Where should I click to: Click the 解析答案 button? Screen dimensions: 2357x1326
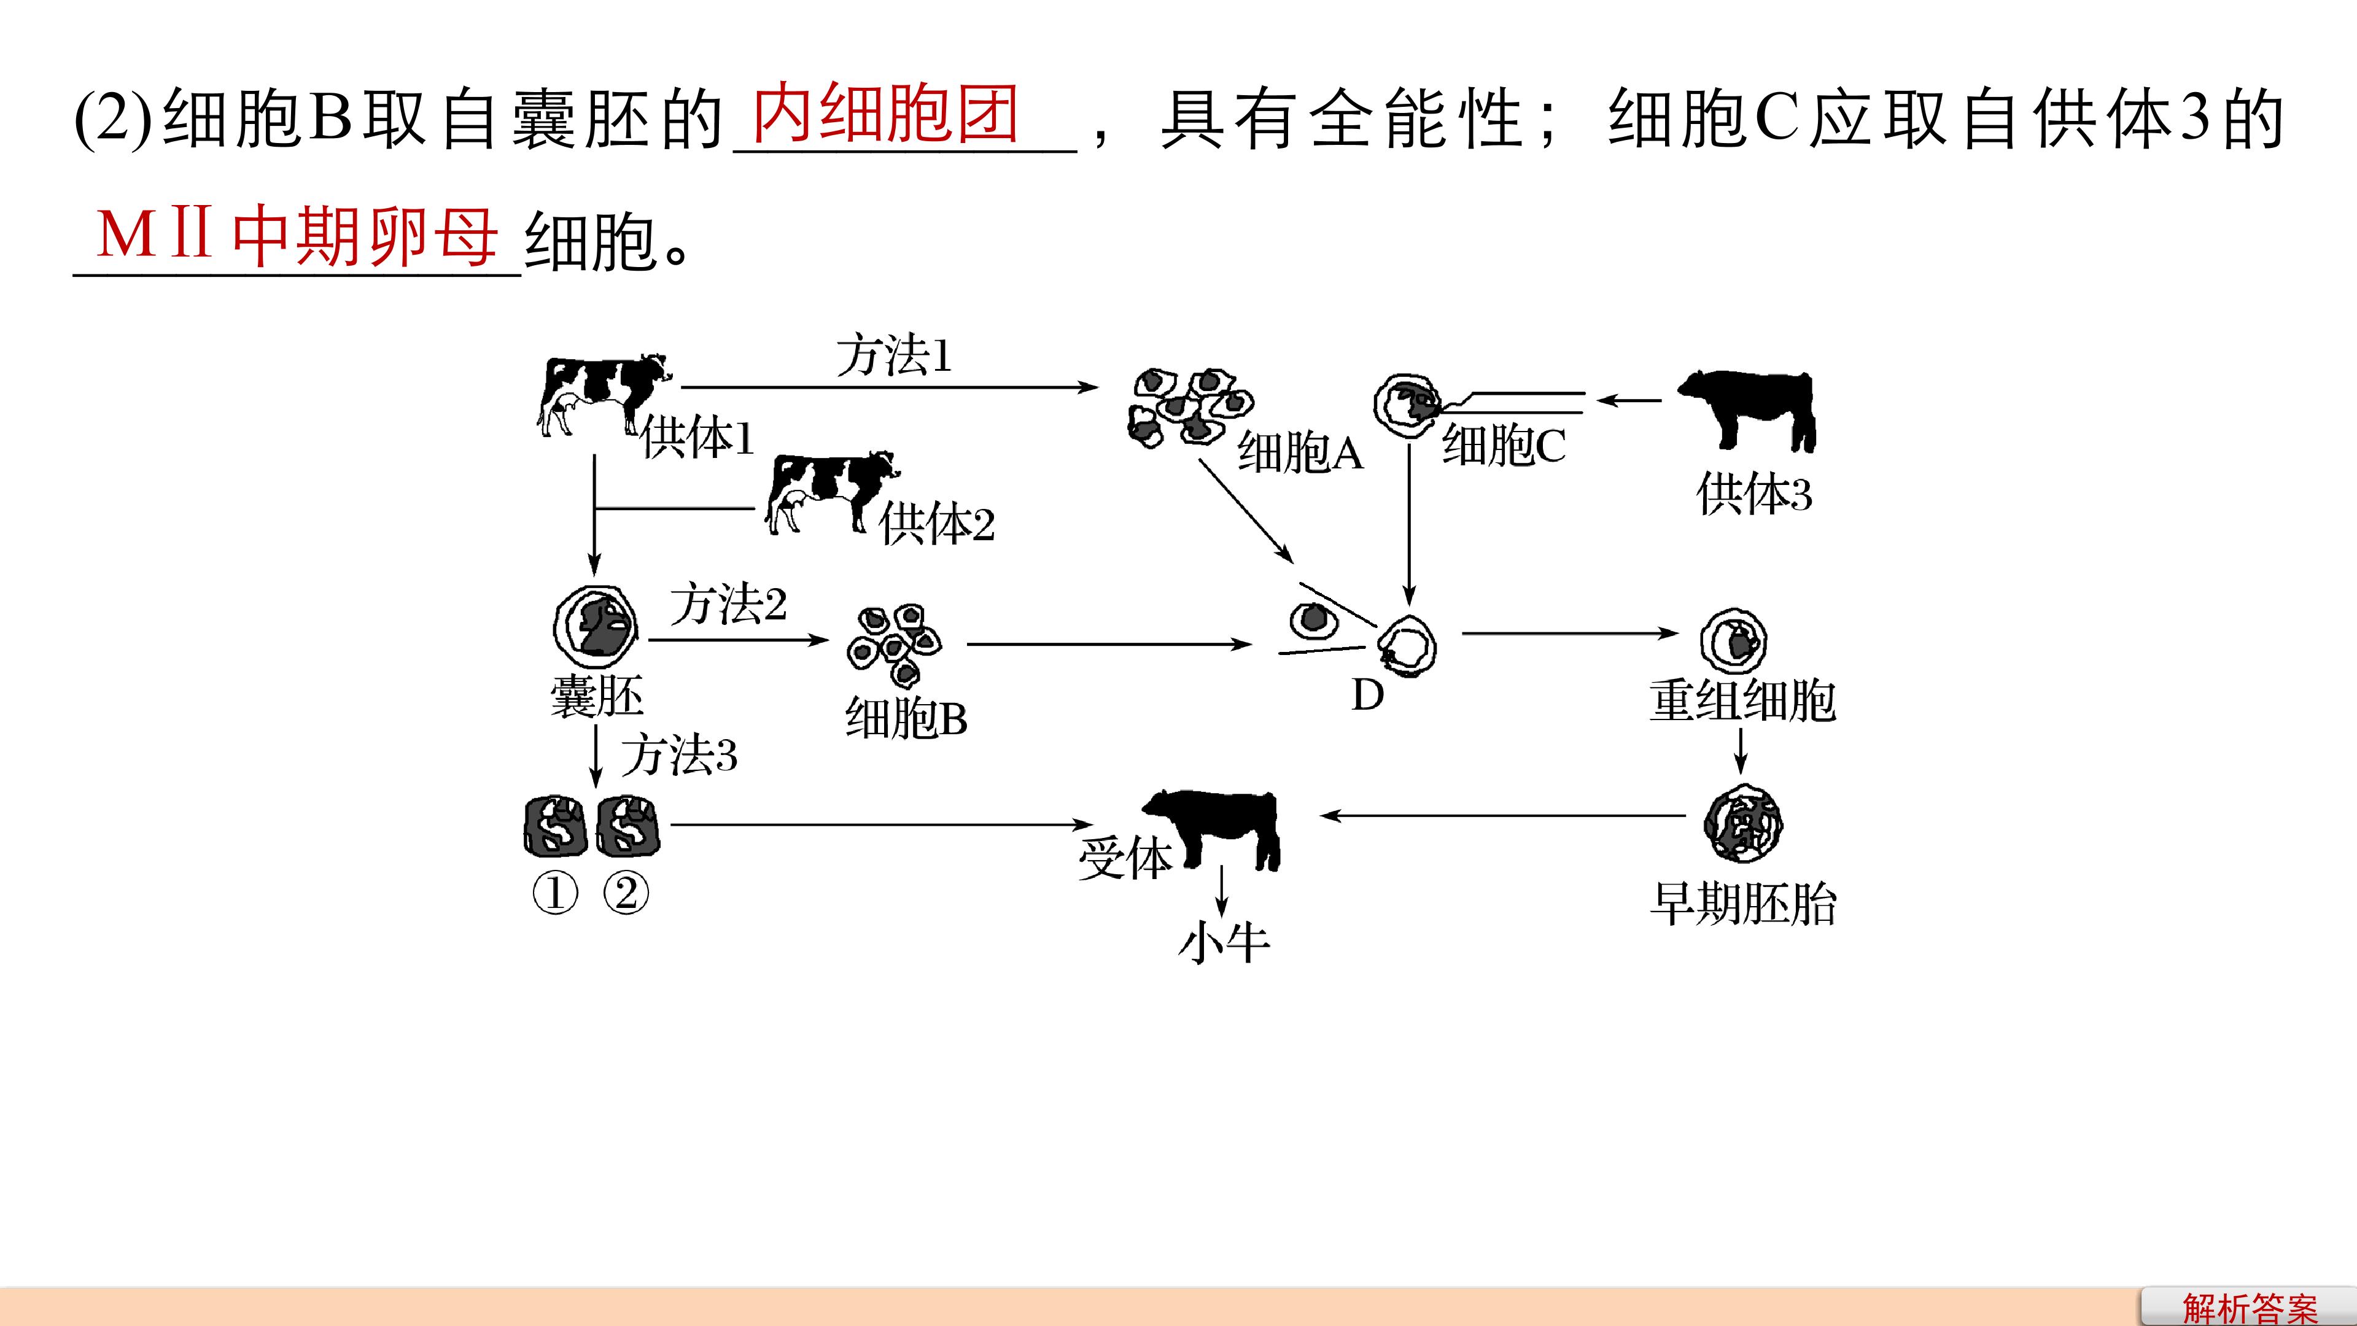click(x=2249, y=1308)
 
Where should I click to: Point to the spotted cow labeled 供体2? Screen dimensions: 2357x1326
click(x=831, y=492)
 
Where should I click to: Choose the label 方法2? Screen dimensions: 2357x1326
click(x=728, y=604)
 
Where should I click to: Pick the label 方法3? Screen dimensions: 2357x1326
click(x=679, y=755)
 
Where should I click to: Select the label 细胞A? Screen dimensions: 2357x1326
click(x=1300, y=451)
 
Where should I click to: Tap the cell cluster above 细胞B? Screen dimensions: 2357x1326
click(x=893, y=644)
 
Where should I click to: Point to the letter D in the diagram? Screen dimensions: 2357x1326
click(x=1368, y=696)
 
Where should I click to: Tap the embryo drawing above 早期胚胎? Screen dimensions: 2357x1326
click(x=1743, y=824)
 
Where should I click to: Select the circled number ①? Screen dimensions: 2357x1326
click(x=556, y=893)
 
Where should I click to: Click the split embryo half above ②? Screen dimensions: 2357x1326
click(x=627, y=826)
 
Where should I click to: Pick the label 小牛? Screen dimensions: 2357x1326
click(x=1224, y=942)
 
